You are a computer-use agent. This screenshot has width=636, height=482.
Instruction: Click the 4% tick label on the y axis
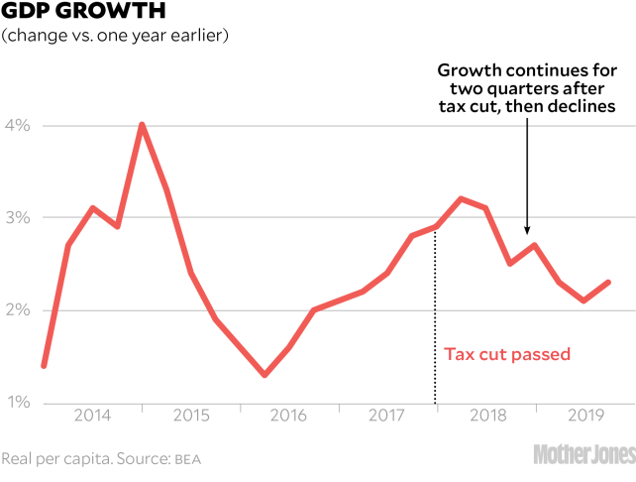tap(20, 126)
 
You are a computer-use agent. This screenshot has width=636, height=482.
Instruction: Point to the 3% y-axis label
tap(20, 218)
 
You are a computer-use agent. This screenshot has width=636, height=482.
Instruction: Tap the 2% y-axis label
tap(20, 310)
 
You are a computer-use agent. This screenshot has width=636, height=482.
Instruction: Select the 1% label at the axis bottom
tap(20, 403)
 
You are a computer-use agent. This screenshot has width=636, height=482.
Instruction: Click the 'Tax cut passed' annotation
tap(506, 354)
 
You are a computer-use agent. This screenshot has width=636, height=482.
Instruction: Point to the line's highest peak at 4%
tap(143, 125)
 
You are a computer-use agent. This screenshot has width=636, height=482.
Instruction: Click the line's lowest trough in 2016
tap(265, 375)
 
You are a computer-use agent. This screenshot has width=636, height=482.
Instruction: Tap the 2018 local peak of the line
tap(461, 198)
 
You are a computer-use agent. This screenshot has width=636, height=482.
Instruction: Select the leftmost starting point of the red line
tap(44, 366)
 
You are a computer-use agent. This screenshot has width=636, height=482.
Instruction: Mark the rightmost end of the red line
tap(608, 282)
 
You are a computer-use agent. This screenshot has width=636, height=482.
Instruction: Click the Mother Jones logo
tap(583, 455)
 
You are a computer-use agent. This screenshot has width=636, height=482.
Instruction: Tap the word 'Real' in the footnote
tap(18, 459)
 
